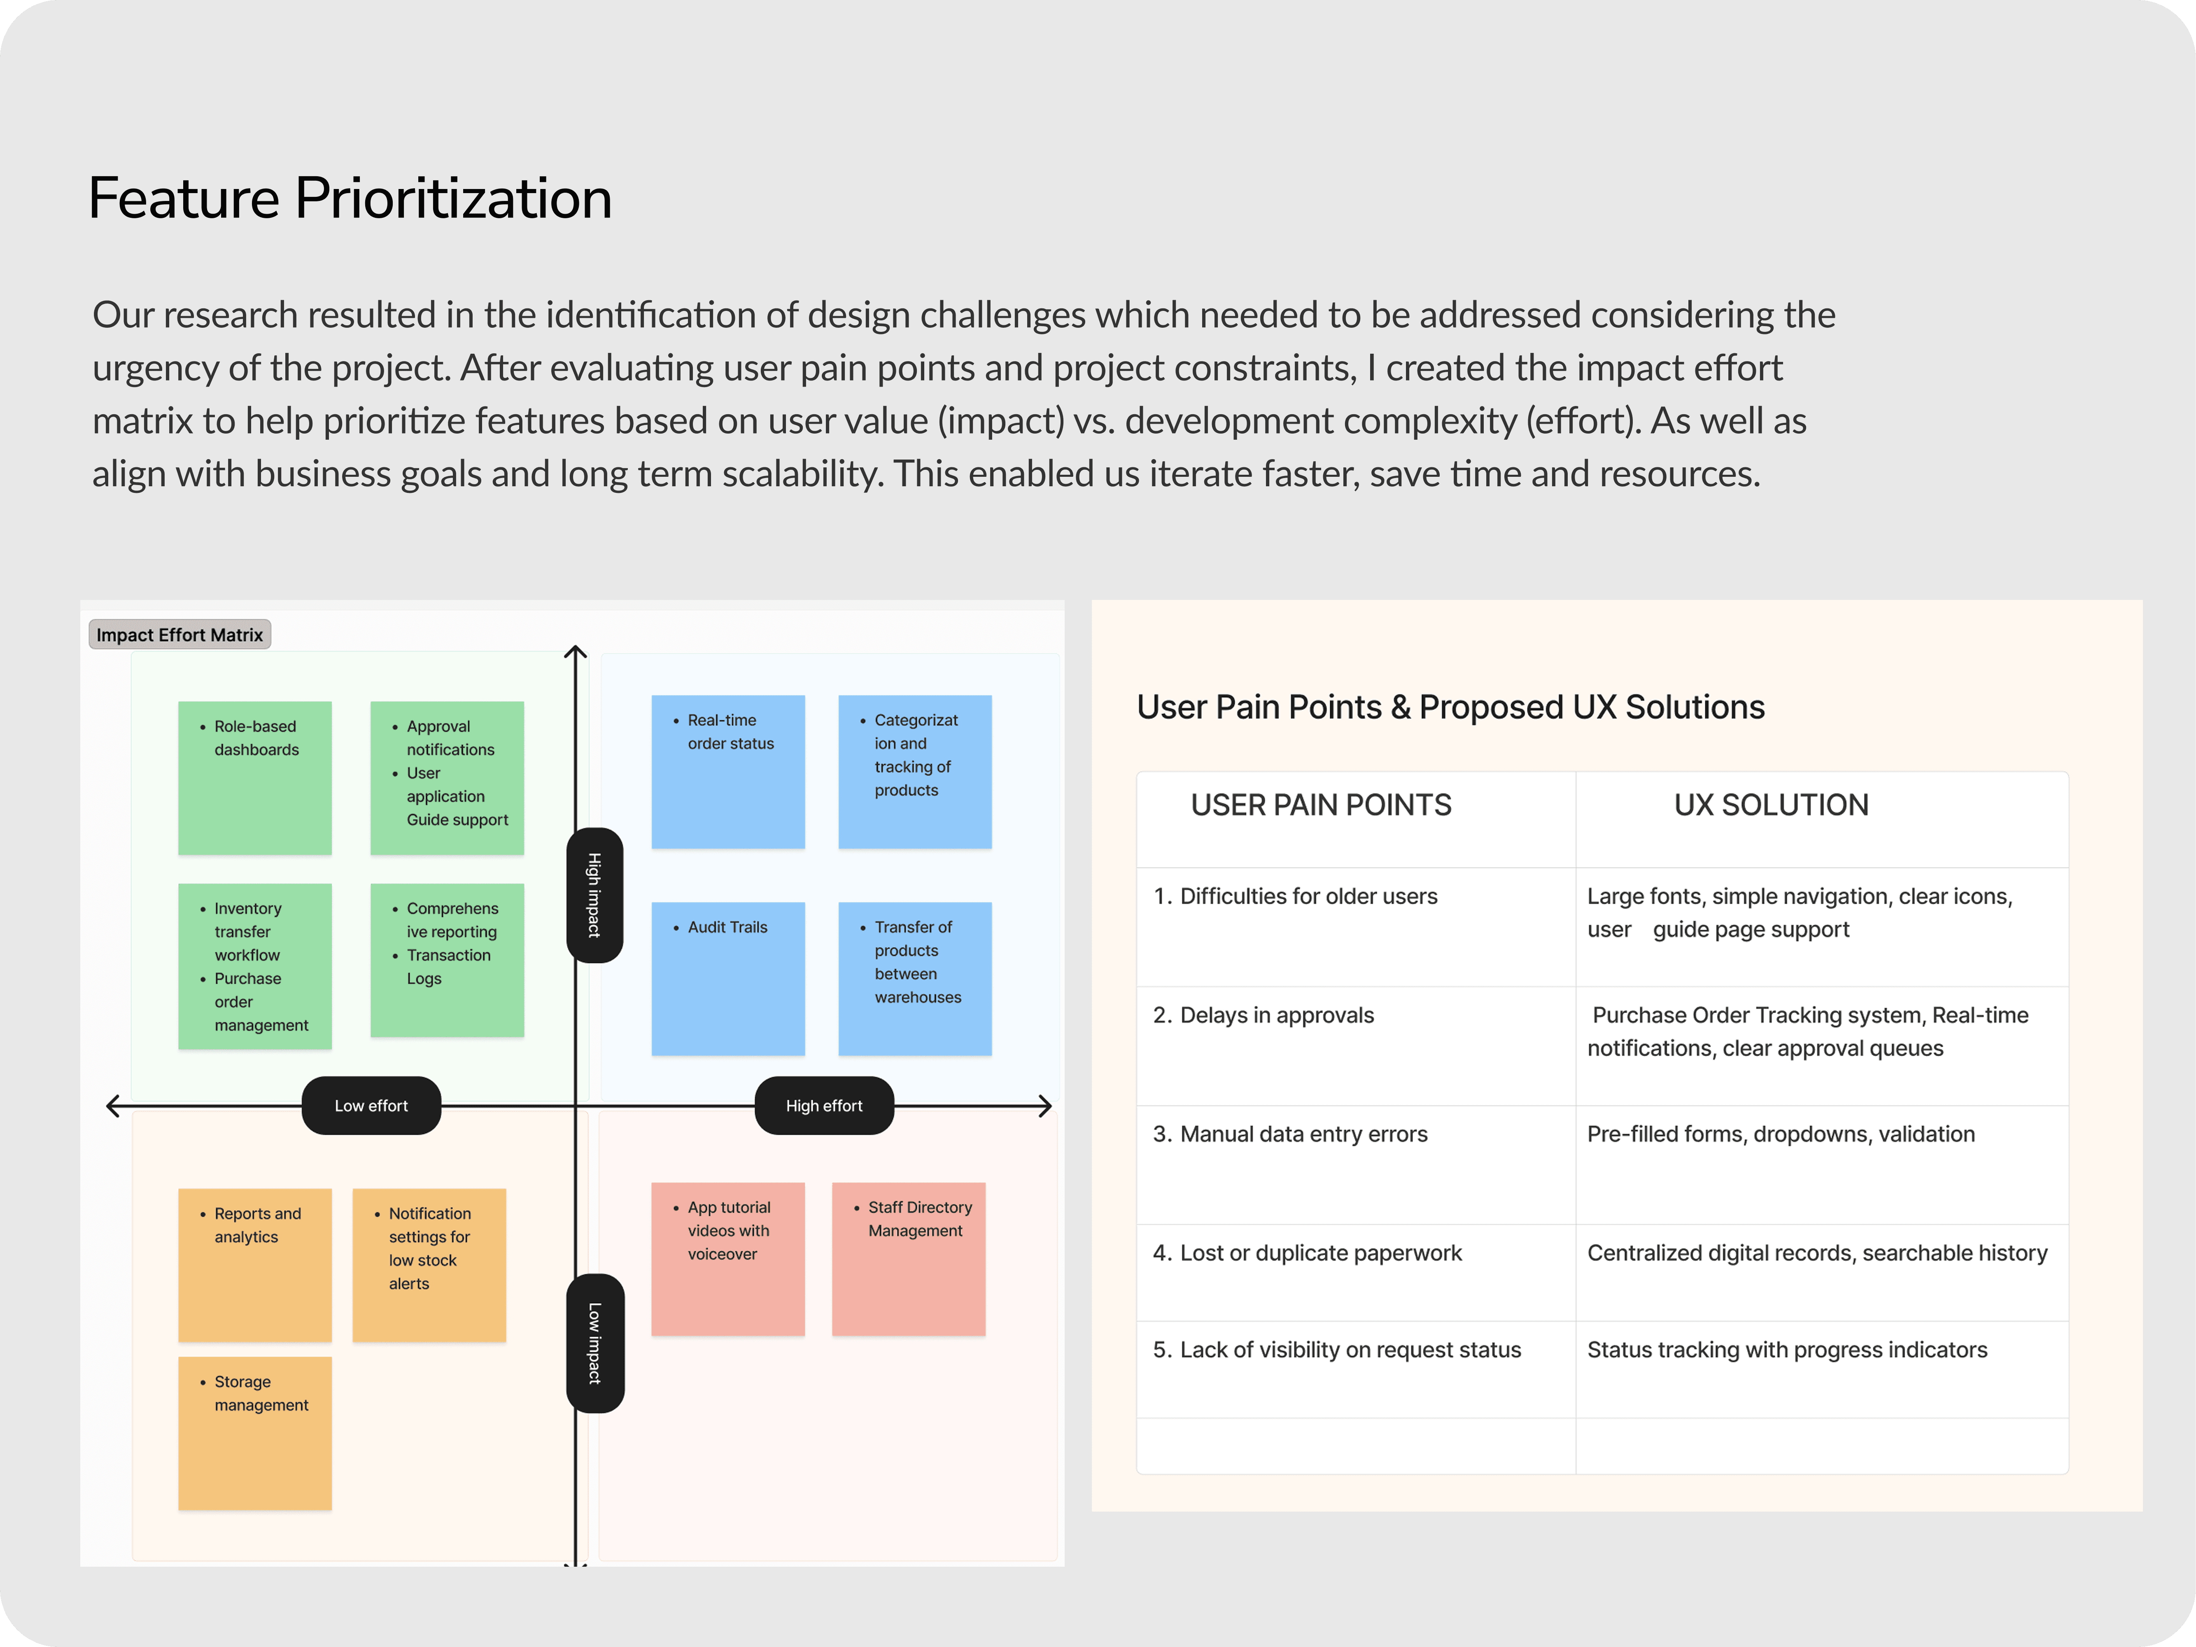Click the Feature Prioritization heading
point(350,198)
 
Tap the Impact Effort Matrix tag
point(180,635)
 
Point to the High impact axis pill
point(594,894)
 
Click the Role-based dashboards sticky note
point(255,777)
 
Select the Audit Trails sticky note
point(728,978)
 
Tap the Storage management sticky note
point(255,1432)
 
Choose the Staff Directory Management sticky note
point(908,1258)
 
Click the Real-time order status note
point(728,771)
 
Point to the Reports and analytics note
point(255,1265)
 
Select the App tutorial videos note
point(728,1258)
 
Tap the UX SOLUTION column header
point(1771,805)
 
